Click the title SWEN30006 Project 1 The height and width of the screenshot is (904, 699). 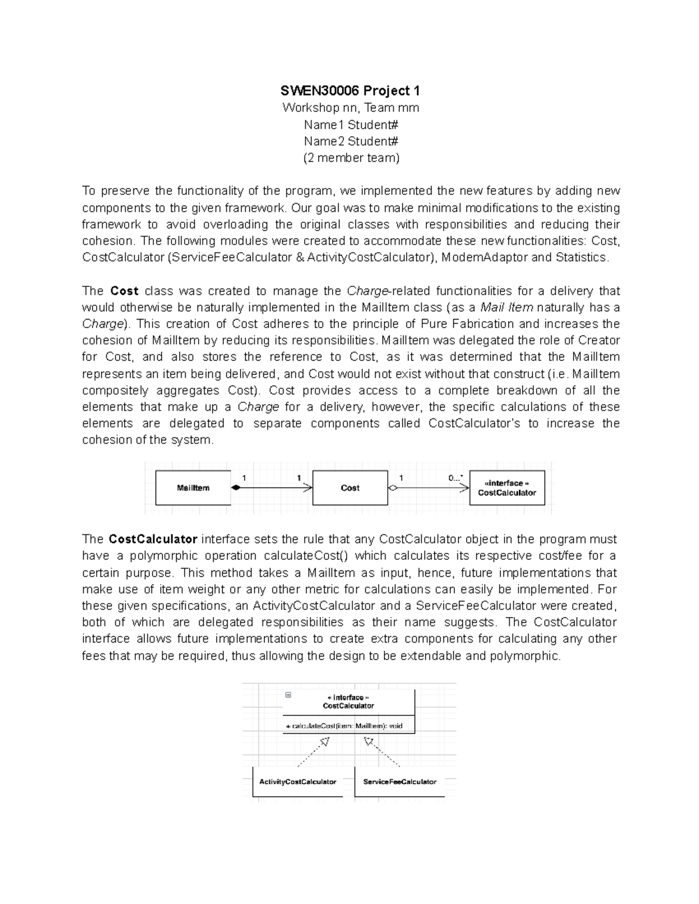[350, 91]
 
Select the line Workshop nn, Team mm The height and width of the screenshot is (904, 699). [350, 108]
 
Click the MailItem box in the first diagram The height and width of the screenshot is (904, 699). [193, 488]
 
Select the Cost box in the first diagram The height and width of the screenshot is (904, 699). [349, 488]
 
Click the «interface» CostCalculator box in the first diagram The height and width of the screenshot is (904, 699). [506, 488]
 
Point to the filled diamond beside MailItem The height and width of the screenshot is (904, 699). [235, 488]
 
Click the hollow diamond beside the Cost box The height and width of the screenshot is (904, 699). [393, 488]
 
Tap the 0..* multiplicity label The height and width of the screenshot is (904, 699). [456, 478]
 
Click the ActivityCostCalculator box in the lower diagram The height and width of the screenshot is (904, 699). [298, 782]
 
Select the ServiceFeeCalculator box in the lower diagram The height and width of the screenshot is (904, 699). [400, 782]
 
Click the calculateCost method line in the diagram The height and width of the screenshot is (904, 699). [344, 726]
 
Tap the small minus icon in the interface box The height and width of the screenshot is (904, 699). [288, 695]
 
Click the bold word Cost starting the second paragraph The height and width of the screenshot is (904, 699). [124, 291]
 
